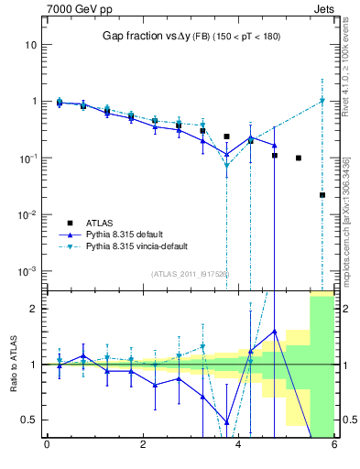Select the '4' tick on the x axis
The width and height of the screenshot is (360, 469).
tap(238, 446)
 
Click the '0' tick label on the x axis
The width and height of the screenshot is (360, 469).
tap(47, 446)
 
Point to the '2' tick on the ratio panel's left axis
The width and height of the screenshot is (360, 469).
tap(32, 309)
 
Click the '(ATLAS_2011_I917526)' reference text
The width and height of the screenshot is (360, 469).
tap(191, 274)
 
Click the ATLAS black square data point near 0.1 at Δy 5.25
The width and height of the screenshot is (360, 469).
tap(299, 158)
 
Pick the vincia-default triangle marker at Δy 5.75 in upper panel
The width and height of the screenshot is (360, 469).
tap(322, 101)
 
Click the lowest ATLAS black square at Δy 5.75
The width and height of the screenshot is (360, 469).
tap(322, 194)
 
